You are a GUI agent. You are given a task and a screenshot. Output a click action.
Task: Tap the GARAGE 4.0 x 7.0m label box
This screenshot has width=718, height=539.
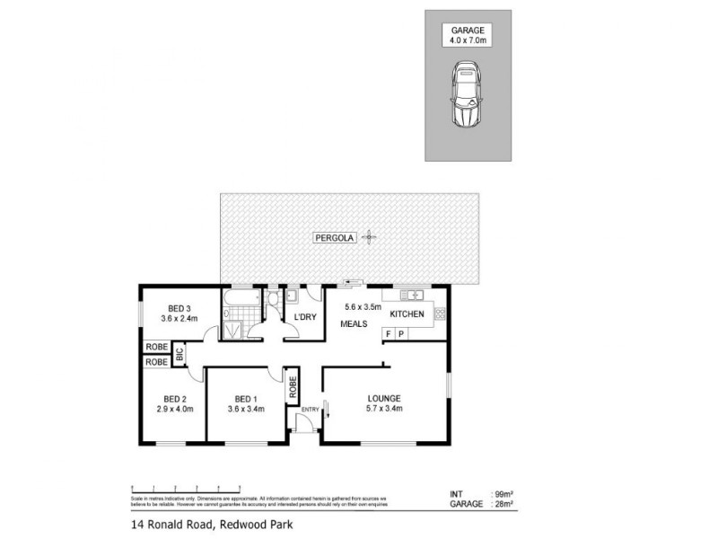click(468, 35)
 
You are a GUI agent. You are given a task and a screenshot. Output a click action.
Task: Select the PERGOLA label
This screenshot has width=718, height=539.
click(334, 238)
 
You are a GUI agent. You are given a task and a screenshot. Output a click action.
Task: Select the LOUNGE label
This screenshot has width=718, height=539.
click(383, 398)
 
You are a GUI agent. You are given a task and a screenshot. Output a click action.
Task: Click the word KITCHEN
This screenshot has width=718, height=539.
click(407, 314)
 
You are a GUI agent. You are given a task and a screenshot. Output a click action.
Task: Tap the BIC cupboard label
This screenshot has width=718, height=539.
click(179, 354)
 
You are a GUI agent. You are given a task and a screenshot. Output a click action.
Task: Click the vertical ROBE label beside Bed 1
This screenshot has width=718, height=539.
click(293, 387)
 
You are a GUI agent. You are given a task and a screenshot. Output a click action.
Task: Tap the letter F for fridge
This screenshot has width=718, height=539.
click(389, 334)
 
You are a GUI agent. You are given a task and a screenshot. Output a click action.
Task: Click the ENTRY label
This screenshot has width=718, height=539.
click(311, 410)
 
